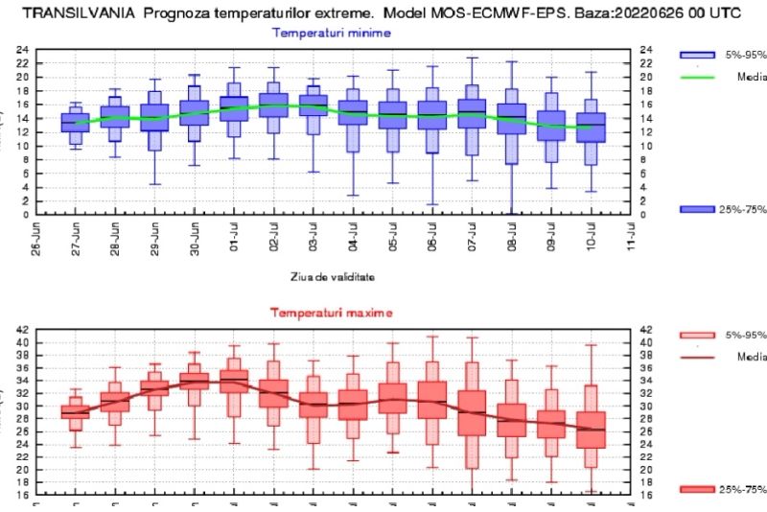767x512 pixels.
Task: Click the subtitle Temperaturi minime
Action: point(332,33)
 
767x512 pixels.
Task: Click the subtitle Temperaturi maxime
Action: point(332,313)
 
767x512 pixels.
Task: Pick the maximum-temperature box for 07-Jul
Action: point(472,413)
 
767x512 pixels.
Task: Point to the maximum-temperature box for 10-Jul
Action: point(591,430)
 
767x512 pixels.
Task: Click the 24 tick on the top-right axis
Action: point(646,49)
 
